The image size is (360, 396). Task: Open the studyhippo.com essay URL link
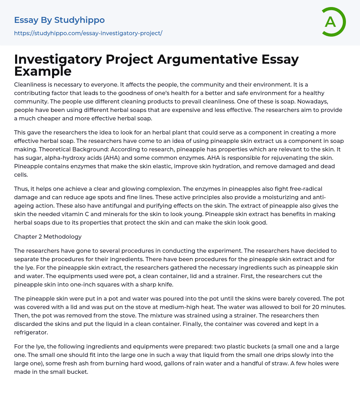pos(88,33)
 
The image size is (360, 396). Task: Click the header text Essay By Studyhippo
pos(59,20)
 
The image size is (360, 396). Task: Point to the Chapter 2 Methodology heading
pos(48,237)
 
